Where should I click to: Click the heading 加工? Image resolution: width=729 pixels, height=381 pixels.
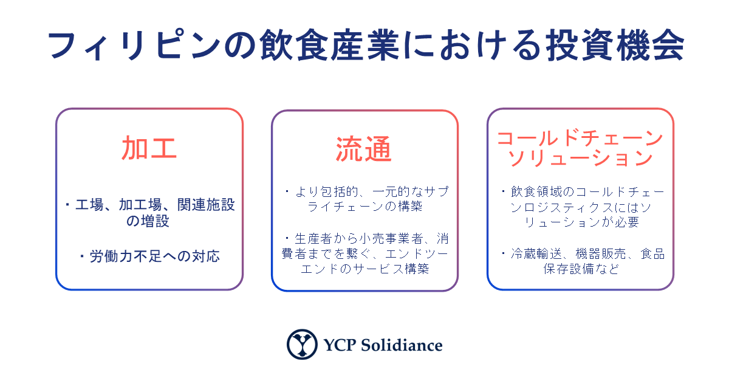(x=149, y=148)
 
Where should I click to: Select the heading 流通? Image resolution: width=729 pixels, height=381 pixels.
(x=363, y=149)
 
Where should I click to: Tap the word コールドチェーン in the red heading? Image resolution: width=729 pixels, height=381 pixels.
(x=580, y=138)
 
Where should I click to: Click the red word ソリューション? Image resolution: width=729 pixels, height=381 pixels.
(x=580, y=158)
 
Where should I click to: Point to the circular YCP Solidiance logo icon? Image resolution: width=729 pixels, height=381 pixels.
(x=302, y=344)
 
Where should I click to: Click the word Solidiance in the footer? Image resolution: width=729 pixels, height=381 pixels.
(x=402, y=345)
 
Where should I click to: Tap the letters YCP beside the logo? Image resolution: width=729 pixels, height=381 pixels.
(x=340, y=345)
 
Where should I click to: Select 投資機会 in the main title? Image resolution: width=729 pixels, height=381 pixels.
(x=615, y=45)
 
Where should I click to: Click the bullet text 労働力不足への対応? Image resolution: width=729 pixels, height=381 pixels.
(x=154, y=256)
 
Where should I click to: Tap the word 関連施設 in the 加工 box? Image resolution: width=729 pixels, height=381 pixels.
(x=206, y=205)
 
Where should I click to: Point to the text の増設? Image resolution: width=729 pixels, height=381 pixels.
(x=148, y=221)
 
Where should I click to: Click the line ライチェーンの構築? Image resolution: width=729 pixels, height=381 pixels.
(x=365, y=206)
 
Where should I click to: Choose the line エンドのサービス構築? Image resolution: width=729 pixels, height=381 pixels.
(x=365, y=269)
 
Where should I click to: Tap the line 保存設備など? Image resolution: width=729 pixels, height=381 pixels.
(x=581, y=269)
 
